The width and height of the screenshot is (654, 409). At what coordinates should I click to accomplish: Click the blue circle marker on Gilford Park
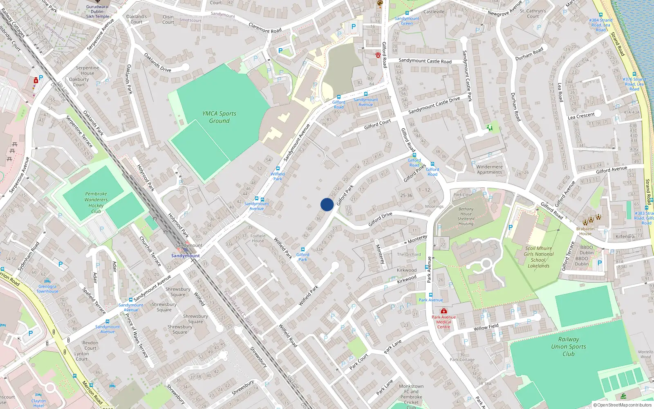327,204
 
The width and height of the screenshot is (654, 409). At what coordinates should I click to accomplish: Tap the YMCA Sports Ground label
219,117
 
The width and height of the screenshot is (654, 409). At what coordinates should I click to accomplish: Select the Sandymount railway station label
186,256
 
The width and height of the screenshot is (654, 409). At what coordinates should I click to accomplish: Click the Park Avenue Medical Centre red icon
443,311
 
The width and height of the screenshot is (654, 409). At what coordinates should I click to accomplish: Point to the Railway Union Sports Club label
568,346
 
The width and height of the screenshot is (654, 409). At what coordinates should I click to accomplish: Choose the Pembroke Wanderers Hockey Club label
96,202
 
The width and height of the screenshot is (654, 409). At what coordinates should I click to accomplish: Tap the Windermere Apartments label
489,169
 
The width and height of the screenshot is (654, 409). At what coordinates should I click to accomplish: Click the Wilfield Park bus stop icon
278,169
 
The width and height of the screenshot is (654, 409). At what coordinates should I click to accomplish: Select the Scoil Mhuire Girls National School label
539,257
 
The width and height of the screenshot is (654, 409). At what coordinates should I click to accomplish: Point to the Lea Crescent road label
581,116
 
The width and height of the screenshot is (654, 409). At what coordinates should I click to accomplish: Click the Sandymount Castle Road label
425,61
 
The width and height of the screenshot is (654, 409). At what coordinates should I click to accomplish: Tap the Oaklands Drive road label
157,63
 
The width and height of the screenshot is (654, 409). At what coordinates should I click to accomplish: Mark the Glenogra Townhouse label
47,289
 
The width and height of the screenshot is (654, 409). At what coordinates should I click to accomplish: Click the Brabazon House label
585,231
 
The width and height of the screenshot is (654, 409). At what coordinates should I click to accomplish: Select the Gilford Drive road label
380,219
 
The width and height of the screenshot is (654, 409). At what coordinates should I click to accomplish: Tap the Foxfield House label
258,238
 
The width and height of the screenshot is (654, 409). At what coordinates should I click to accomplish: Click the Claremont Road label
265,28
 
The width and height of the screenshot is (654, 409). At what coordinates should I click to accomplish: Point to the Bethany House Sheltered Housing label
466,216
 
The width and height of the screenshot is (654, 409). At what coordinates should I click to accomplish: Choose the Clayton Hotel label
38,403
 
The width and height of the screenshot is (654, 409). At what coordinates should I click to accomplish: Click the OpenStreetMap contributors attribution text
623,405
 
